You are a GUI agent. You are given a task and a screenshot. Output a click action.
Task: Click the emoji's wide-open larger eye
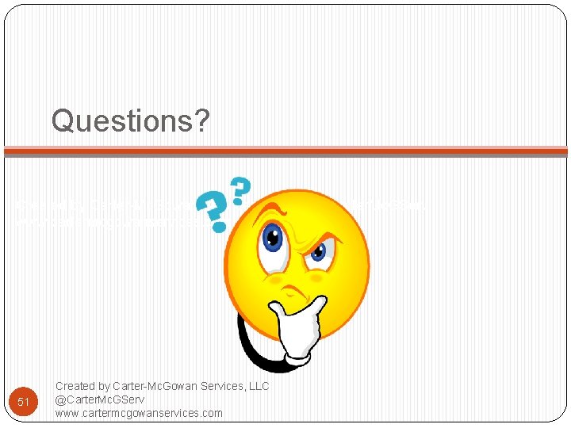[x=272, y=237]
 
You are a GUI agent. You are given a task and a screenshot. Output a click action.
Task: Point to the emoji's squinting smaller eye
[x=318, y=253]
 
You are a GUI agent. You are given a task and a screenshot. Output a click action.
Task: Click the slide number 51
[x=24, y=402]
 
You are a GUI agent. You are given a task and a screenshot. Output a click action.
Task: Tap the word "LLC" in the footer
[x=258, y=386]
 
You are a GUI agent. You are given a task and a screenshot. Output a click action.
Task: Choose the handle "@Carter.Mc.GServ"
[x=100, y=399]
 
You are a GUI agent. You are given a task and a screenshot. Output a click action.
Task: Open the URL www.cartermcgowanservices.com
[x=139, y=413]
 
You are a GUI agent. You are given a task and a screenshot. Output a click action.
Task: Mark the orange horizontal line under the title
[x=285, y=151]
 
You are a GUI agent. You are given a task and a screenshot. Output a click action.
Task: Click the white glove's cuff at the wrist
[x=297, y=357]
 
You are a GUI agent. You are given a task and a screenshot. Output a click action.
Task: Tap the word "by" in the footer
[x=105, y=386]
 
